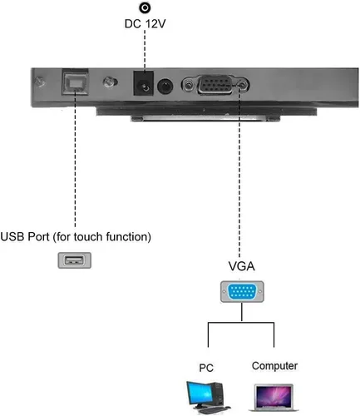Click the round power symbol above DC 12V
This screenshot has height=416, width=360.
pyautogui.click(x=145, y=7)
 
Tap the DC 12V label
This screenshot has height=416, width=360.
pyautogui.click(x=145, y=25)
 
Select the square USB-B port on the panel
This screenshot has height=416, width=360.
pyautogui.click(x=74, y=82)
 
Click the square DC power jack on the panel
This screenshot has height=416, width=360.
pyautogui.click(x=144, y=85)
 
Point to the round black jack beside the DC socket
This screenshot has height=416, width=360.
pyautogui.click(x=166, y=86)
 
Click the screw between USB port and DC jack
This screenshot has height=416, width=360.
pyautogui.click(x=107, y=84)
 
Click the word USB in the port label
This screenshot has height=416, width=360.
pyautogui.click(x=16, y=236)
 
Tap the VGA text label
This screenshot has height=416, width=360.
pyautogui.click(x=241, y=267)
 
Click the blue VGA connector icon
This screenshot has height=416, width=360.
pyautogui.click(x=240, y=292)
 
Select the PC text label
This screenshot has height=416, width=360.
pyautogui.click(x=207, y=367)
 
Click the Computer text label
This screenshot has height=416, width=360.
pyautogui.click(x=274, y=365)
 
